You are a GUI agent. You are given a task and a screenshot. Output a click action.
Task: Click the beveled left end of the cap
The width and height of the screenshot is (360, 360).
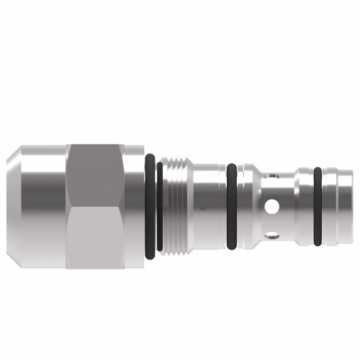13,206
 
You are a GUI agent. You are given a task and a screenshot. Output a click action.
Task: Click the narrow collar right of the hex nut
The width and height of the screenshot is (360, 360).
134,206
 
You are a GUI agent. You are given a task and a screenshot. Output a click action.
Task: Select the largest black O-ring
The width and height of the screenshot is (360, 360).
149,206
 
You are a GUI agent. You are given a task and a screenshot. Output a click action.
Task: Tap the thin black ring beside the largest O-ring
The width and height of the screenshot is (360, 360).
159,206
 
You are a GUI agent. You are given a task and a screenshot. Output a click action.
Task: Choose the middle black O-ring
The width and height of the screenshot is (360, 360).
231,206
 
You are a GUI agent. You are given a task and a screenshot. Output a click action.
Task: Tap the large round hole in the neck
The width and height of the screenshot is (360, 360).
271,207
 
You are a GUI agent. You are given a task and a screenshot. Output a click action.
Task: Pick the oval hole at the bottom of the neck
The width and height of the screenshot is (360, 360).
271,234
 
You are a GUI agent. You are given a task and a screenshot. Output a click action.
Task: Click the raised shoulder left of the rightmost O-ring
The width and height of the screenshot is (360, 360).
303,206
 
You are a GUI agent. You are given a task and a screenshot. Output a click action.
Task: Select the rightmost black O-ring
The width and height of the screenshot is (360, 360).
317,206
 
